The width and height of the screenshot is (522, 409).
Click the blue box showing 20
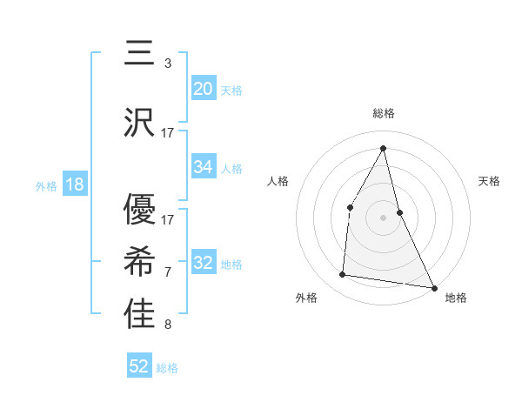pyautogui.click(x=203, y=89)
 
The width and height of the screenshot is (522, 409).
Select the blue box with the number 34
pyautogui.click(x=203, y=167)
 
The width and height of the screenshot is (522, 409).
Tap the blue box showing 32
pyautogui.click(x=203, y=264)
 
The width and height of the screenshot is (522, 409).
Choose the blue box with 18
pyautogui.click(x=74, y=184)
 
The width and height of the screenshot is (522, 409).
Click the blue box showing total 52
pyautogui.click(x=139, y=366)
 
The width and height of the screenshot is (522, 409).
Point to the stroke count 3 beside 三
pyautogui.click(x=167, y=64)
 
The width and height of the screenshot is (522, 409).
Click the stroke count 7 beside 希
pyautogui.click(x=167, y=273)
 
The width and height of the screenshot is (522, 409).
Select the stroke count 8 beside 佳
pyautogui.click(x=167, y=325)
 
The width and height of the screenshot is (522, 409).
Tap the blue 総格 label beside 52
pyautogui.click(x=167, y=368)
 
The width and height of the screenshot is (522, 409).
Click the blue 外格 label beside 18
pyautogui.click(x=45, y=185)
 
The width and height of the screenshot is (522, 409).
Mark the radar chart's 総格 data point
pyautogui.click(x=383, y=147)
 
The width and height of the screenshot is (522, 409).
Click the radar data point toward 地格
pyautogui.click(x=434, y=287)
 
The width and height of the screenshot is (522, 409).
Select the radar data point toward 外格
pyautogui.click(x=343, y=275)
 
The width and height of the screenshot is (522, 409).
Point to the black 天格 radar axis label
pyautogui.click(x=490, y=181)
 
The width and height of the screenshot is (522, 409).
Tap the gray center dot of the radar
pyautogui.click(x=383, y=217)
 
